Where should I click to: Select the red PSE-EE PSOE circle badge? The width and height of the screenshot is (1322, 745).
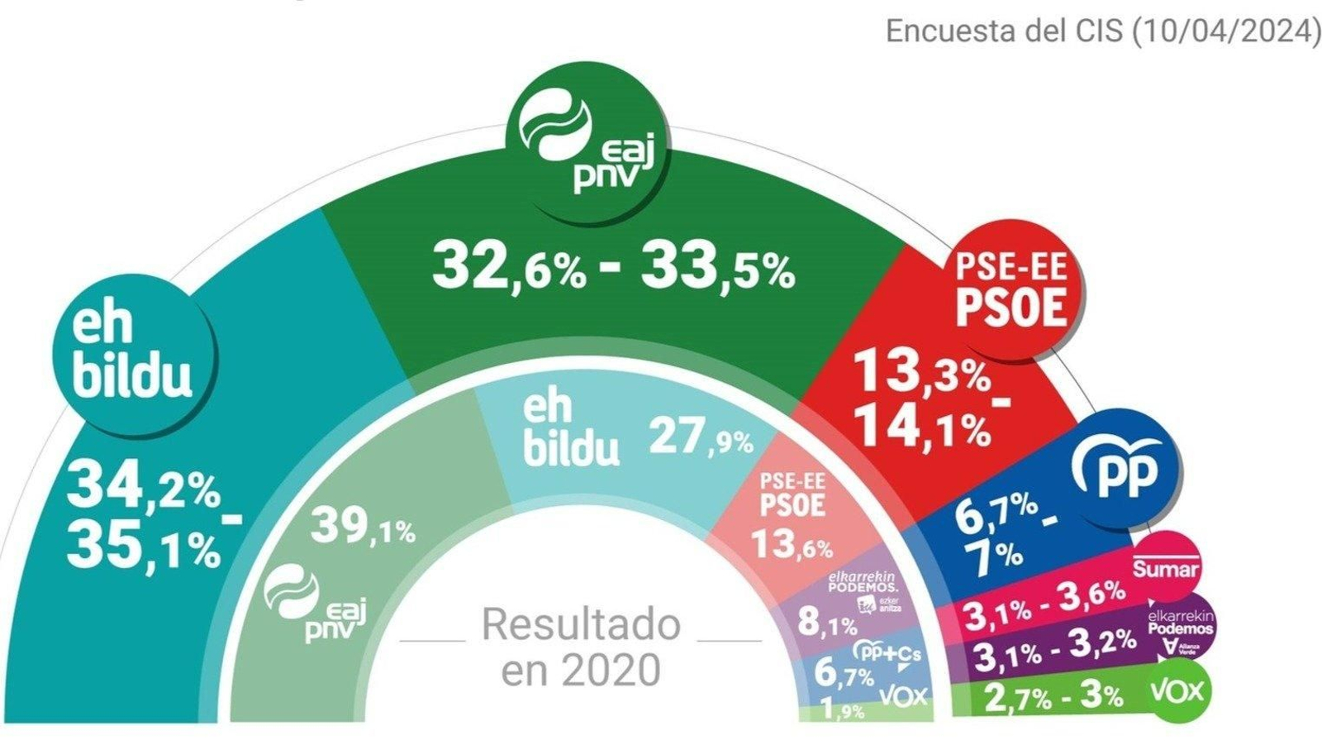pos(1011,289)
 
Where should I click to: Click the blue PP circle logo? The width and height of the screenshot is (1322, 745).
pos(1125,469)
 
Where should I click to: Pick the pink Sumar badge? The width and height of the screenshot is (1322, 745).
pos(1165,567)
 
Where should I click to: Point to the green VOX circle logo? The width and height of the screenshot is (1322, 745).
pos(1178,691)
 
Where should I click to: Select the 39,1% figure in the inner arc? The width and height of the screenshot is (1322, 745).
pos(362,527)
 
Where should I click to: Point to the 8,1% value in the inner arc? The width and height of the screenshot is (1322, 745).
pos(826,623)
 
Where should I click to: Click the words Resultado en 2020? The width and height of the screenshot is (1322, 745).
pos(581,646)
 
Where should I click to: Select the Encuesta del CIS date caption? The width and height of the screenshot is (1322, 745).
pos(1102,31)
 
